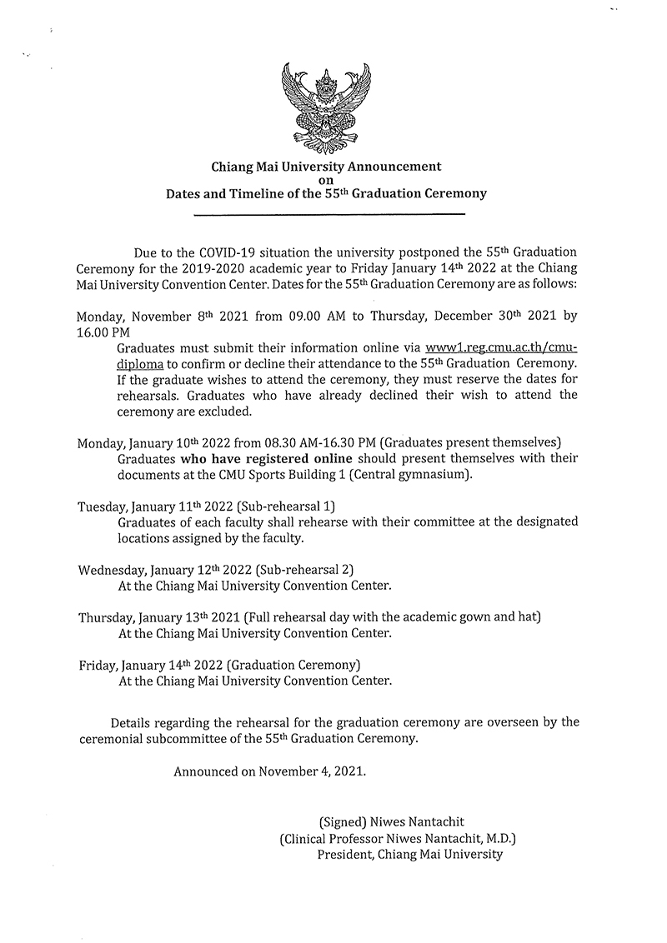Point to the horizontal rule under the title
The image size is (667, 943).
(328, 215)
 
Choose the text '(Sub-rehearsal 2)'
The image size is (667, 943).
(305, 570)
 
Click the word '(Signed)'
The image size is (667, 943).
(344, 821)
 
